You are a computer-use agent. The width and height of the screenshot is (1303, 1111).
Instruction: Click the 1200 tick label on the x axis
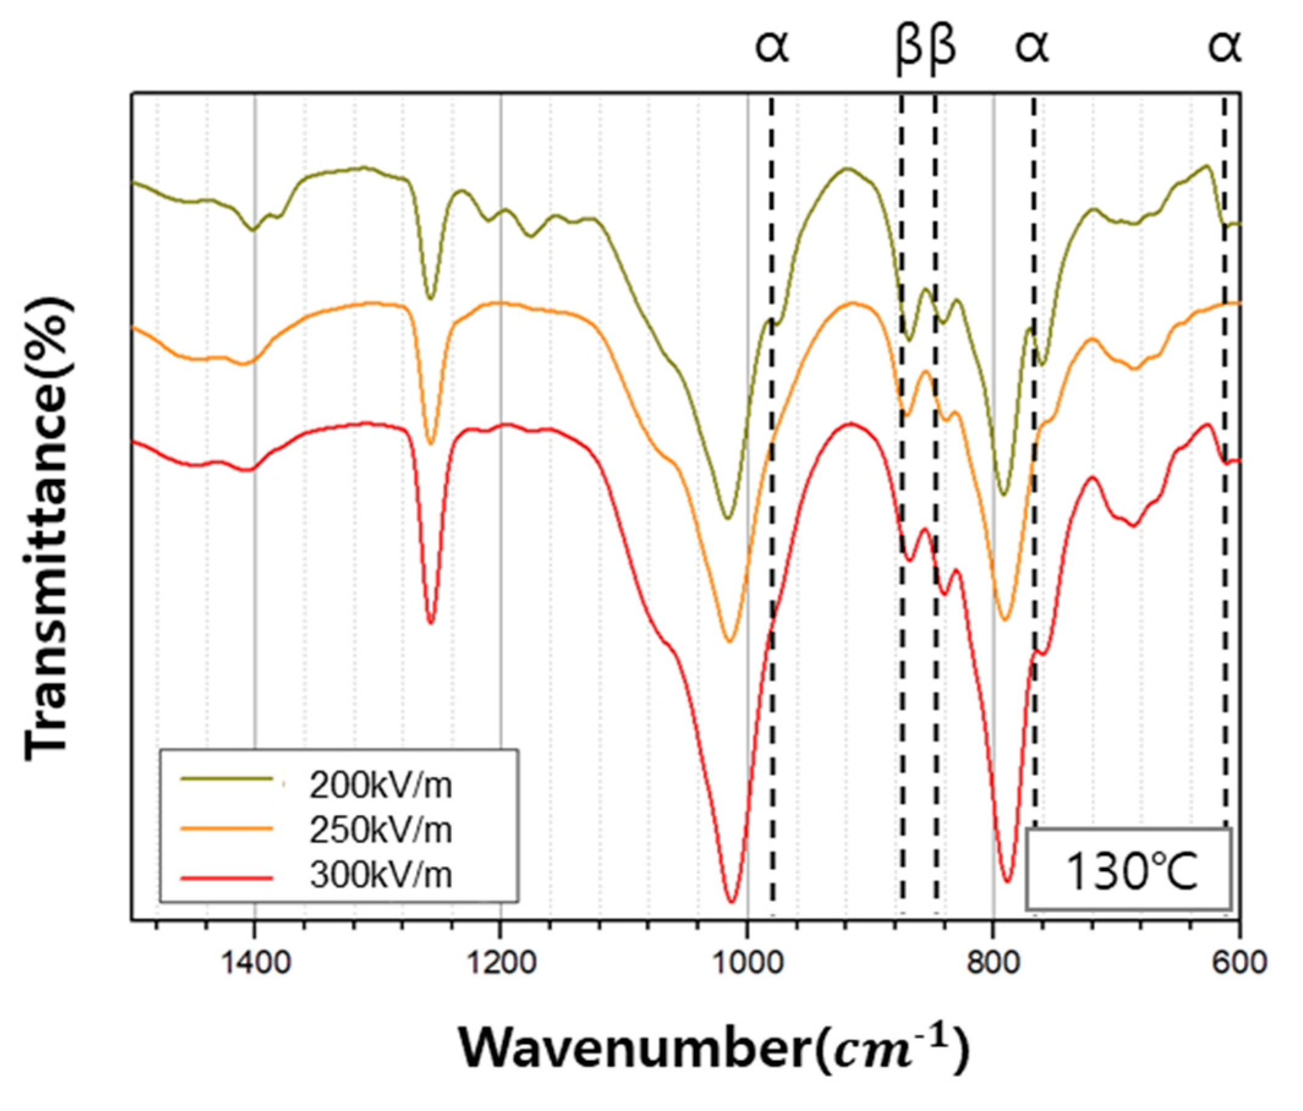tap(502, 962)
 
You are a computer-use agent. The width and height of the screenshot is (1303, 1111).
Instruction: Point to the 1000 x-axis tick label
tap(748, 962)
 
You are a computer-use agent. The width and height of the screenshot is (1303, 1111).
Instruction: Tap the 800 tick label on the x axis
tap(994, 962)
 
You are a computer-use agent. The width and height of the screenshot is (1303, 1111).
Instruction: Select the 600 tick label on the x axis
tap(1239, 962)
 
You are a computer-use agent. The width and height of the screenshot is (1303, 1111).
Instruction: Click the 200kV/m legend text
tap(380, 785)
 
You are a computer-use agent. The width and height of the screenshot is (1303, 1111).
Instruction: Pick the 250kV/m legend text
tap(380, 830)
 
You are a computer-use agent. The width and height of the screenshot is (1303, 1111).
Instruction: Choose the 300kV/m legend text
tap(380, 874)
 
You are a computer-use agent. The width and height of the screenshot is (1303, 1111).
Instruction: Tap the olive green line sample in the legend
tap(226, 778)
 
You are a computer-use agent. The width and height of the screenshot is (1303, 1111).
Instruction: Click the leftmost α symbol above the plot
tap(772, 48)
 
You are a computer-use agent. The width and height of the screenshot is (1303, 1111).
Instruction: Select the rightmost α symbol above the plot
tap(1224, 48)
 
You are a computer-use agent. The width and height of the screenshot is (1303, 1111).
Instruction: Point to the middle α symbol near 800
tap(1032, 48)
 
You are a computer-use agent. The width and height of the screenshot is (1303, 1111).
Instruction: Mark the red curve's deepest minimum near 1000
tap(731, 901)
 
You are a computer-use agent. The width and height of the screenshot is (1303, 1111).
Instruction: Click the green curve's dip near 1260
tap(431, 298)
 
